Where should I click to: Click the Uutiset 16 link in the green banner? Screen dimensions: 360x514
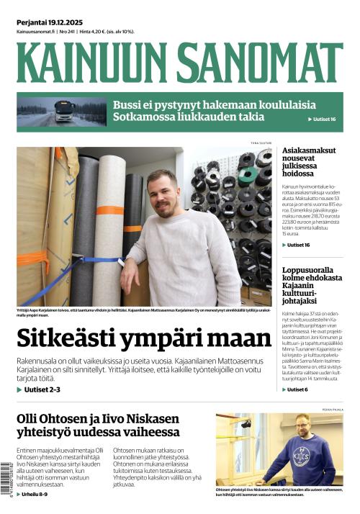[x=323, y=119]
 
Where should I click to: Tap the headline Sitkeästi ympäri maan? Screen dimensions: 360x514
[x=144, y=338]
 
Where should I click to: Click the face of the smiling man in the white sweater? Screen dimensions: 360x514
[x=165, y=194]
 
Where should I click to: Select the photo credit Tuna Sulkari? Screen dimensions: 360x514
[x=260, y=144]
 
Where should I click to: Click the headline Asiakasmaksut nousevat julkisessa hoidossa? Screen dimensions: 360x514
[x=311, y=162]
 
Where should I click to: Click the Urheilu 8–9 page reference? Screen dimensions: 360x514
[x=35, y=495]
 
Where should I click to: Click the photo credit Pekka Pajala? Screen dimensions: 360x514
[x=332, y=410]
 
